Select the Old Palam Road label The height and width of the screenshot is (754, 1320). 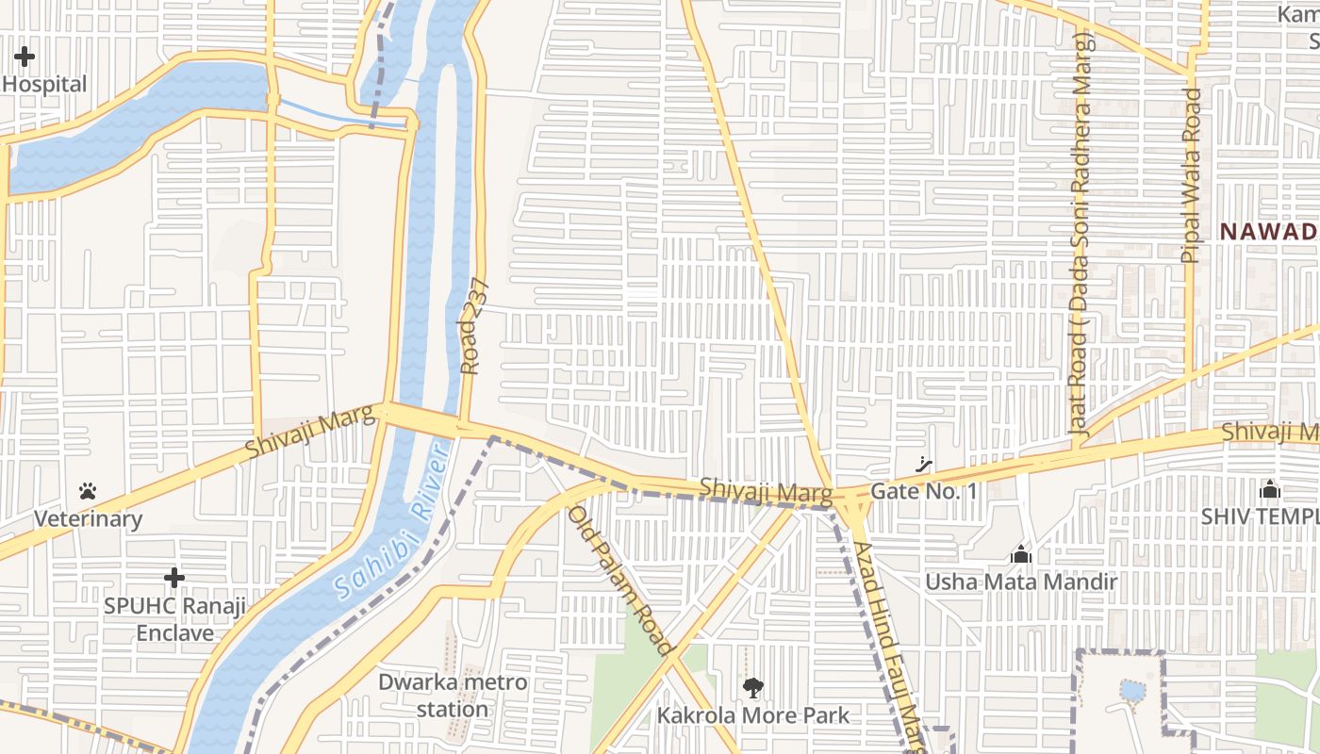(x=619, y=581)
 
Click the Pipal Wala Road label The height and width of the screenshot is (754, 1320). (x=1192, y=175)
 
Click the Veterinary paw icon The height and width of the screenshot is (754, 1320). (x=88, y=491)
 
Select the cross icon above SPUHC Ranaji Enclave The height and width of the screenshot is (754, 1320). (x=173, y=578)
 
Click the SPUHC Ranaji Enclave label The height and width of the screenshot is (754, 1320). (x=174, y=618)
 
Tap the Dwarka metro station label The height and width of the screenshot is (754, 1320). (x=453, y=695)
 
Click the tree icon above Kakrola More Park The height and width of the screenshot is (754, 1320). (x=752, y=688)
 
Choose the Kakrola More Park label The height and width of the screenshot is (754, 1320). (x=752, y=716)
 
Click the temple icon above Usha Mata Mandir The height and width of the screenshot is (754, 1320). (x=1020, y=555)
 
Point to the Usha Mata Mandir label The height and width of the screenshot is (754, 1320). (x=1020, y=582)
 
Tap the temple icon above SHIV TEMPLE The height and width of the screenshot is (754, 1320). (x=1269, y=489)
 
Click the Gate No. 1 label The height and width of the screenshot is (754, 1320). (x=923, y=491)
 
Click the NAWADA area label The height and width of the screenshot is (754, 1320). (x=1269, y=231)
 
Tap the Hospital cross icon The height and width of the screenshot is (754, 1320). (x=25, y=57)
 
